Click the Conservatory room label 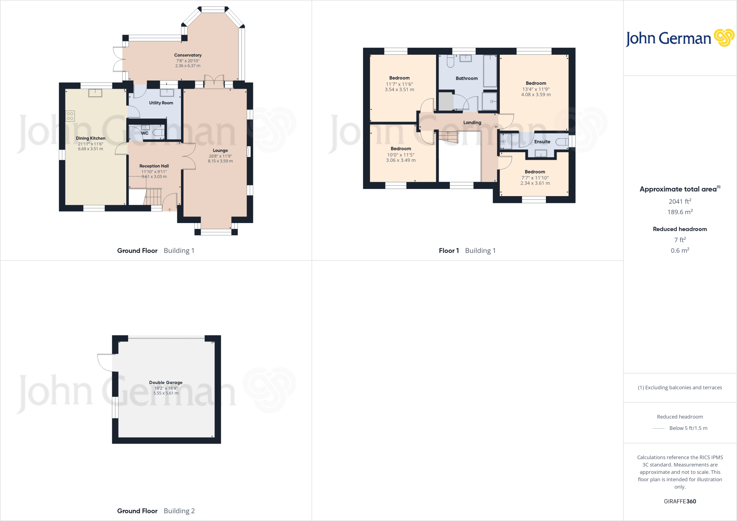point(187,55)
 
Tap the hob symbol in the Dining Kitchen point(70,116)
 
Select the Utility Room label point(161,103)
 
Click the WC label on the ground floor point(145,133)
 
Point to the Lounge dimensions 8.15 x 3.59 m point(220,161)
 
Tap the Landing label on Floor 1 point(472,123)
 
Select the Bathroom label point(466,78)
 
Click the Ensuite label point(542,142)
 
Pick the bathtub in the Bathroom point(490,71)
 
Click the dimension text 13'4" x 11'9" point(536,89)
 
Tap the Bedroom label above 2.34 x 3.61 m point(535,172)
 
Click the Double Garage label point(166,382)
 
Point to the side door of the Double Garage point(105,363)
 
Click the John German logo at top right point(679,38)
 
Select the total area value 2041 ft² point(680,201)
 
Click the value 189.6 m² point(680,212)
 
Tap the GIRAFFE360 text point(680,501)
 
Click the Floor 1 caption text point(449,251)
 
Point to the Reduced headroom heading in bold point(680,229)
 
